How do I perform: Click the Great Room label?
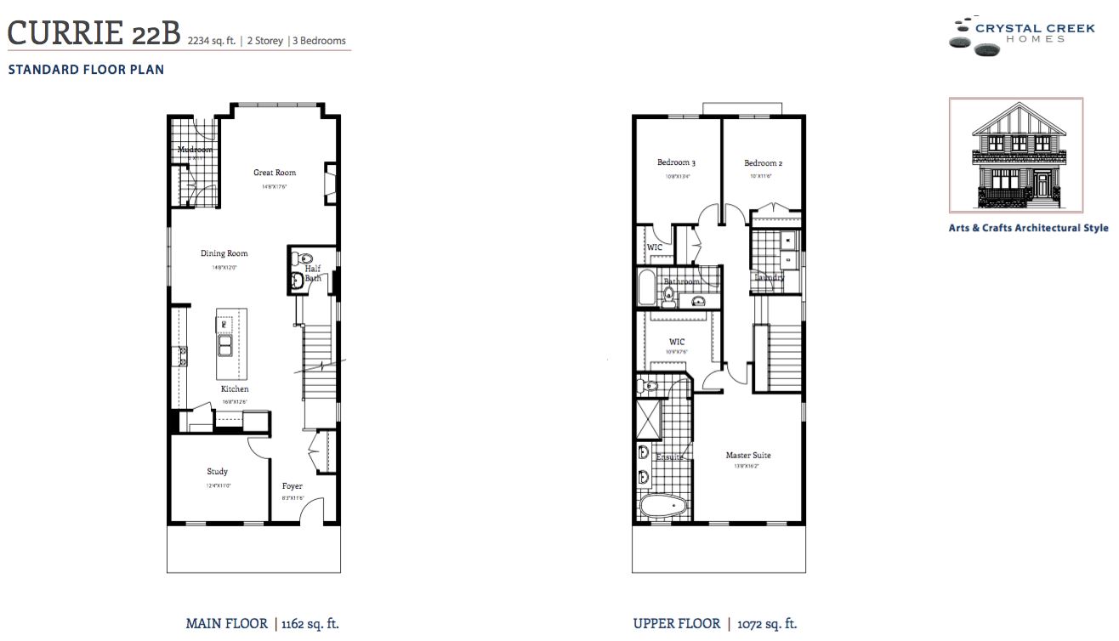coord(275,173)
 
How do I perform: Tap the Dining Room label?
coord(224,253)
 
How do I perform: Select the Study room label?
coord(217,471)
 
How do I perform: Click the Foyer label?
coord(293,486)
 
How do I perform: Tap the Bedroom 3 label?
coord(676,163)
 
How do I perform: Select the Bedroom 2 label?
coord(763,163)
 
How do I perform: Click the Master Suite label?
coord(748,456)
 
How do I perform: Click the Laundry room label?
coord(769,278)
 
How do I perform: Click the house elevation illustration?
coord(1015,156)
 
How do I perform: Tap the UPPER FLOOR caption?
coord(676,624)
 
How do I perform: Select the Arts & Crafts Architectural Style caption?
coord(1028,228)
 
